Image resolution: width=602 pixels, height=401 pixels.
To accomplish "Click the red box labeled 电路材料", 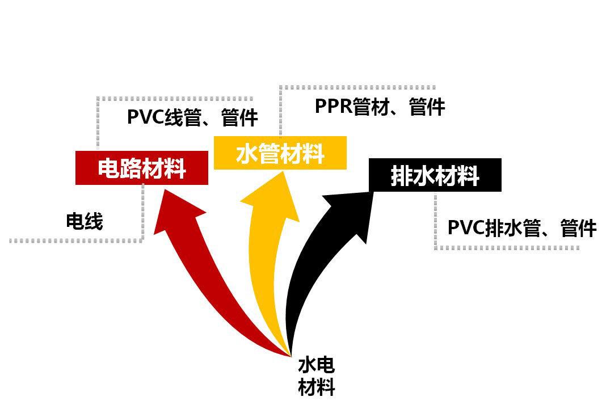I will coord(142,168).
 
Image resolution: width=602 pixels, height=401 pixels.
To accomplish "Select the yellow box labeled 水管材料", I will coord(280,153).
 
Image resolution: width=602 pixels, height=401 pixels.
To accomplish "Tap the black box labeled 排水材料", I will coord(435,175).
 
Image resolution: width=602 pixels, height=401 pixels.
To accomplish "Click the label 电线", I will coord(85,221).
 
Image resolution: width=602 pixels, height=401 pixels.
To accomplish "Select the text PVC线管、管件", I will coord(192,117).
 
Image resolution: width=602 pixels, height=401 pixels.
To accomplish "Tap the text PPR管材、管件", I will coord(380,107).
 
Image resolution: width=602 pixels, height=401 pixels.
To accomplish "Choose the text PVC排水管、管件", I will coord(521,228).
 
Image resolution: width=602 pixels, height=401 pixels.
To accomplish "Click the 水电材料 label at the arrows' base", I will coord(316,375).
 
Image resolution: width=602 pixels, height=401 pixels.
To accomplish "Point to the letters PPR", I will coord(333,107).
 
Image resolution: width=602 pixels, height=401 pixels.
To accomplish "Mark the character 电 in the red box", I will coord(109,168).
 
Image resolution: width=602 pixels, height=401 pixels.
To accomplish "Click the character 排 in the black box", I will coord(402,176).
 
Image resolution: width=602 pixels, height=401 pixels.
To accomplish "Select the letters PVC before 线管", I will coord(145,117).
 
